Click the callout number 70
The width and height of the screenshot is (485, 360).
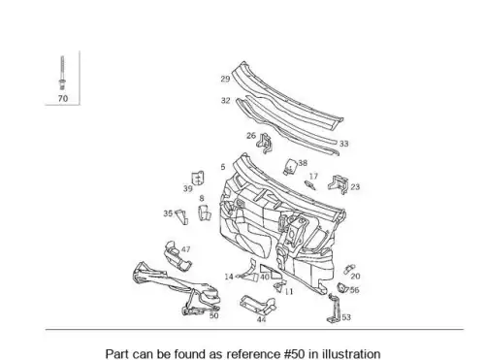(63, 98)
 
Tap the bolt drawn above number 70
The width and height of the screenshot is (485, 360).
(62, 73)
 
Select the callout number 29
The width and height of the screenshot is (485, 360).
(225, 79)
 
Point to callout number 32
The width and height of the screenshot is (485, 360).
(226, 101)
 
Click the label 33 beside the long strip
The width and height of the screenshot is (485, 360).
(343, 144)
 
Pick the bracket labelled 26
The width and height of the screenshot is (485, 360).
(265, 144)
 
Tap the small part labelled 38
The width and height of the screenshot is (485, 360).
(290, 167)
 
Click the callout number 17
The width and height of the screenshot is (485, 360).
(313, 177)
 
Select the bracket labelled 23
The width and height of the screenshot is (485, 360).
(339, 184)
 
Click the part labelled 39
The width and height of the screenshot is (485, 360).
(198, 179)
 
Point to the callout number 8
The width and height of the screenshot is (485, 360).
(202, 198)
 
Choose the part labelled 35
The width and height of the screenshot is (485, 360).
(181, 216)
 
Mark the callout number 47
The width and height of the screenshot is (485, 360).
(185, 249)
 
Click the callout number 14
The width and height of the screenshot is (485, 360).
(229, 277)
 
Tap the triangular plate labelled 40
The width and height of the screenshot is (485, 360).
(271, 272)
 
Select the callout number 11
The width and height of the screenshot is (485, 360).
(289, 292)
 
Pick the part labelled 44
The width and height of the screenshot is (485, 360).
(258, 305)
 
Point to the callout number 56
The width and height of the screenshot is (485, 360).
(354, 290)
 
